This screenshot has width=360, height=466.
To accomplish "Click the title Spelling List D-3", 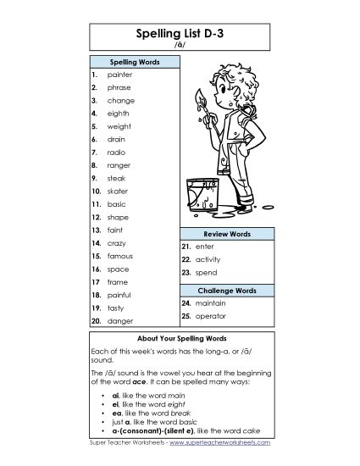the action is [x=180, y=35].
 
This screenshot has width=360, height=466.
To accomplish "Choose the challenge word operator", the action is [x=211, y=315].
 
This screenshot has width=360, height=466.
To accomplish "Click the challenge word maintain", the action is [x=211, y=302].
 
